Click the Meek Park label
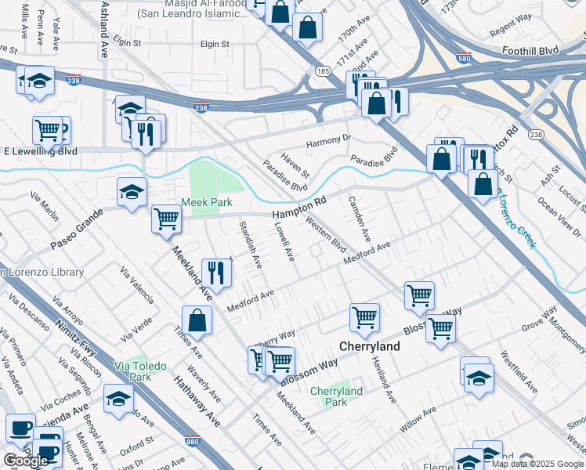coord(207,202)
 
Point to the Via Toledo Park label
coord(132,371)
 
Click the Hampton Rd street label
coord(298,209)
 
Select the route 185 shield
coord(322,71)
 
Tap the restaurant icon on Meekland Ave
coord(214,272)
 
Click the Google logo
coord(26,461)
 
